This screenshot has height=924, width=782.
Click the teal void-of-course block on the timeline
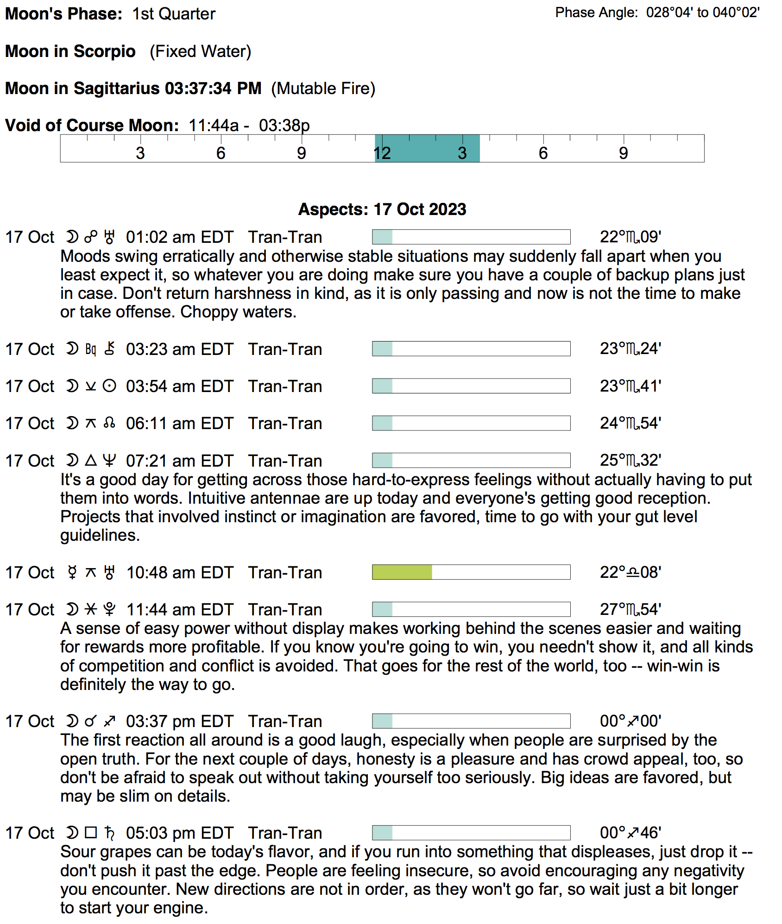[427, 148]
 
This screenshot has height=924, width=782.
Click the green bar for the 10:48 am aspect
[402, 572]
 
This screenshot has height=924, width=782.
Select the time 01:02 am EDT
[180, 237]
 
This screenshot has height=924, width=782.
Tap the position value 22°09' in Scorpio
[630, 237]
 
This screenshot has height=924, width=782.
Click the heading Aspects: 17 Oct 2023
[382, 209]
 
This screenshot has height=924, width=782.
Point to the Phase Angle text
[657, 13]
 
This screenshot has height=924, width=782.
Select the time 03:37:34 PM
[213, 89]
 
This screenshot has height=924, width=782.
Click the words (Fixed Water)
[200, 51]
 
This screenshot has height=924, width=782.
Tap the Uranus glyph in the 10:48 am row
[109, 573]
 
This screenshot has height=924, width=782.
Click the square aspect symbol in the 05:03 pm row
[91, 833]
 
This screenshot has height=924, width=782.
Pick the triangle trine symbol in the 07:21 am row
[91, 461]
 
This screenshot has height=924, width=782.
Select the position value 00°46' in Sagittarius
[630, 833]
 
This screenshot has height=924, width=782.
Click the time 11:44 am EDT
[180, 610]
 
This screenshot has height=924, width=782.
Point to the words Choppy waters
[238, 312]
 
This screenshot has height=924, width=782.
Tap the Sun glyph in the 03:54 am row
[109, 386]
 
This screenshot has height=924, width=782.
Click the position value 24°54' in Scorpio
[630, 424]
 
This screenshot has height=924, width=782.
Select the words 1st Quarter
[174, 14]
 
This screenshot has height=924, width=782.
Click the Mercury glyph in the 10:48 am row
[72, 573]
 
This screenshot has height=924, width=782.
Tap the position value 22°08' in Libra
[630, 573]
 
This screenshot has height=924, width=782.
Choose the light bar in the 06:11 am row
[383, 423]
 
